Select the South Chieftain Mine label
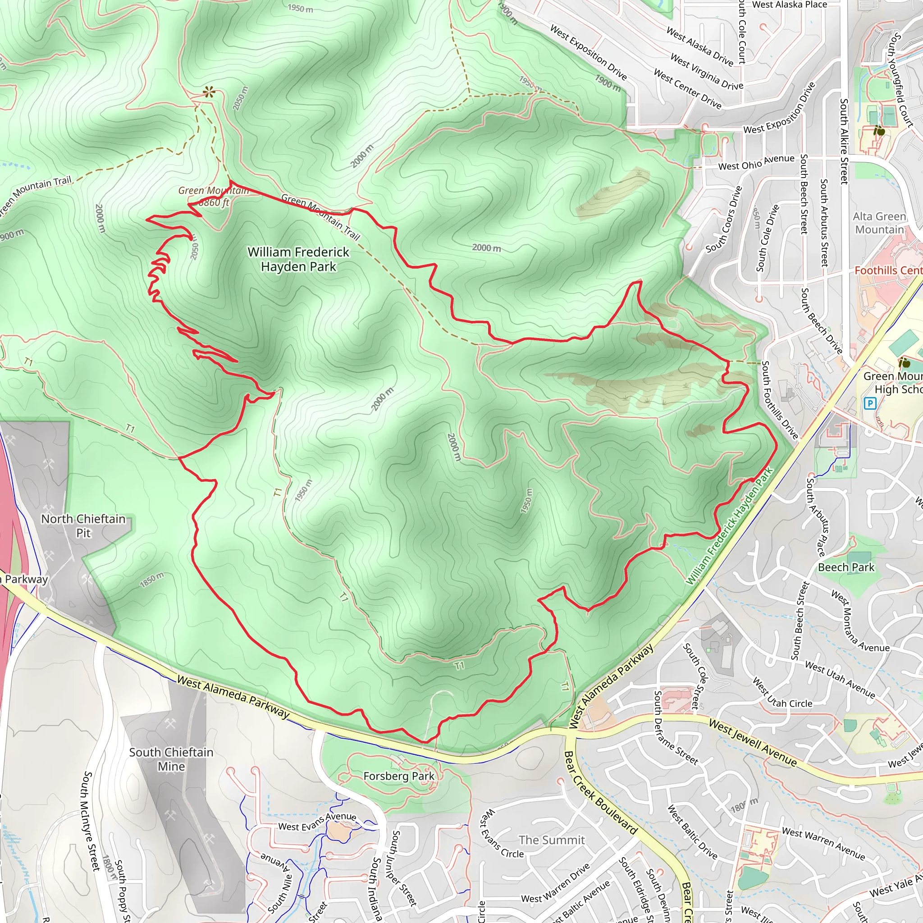click(171, 759)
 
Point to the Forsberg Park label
click(399, 776)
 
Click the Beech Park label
click(846, 567)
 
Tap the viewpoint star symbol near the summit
click(209, 92)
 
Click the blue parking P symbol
click(870, 404)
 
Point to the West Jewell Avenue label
click(753, 743)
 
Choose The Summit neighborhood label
click(551, 840)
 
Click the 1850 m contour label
click(152, 580)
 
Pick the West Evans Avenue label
click(317, 822)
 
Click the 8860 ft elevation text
click(214, 202)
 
